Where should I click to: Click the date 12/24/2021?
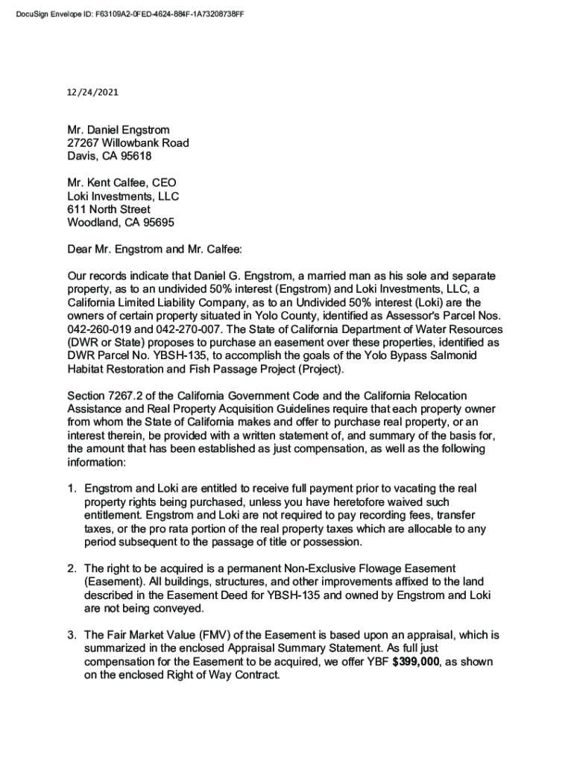(92, 93)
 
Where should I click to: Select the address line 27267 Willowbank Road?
(127, 143)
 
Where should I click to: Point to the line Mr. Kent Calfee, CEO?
(122, 183)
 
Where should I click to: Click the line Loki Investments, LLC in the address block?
(123, 196)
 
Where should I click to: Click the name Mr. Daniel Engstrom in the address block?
(119, 130)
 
